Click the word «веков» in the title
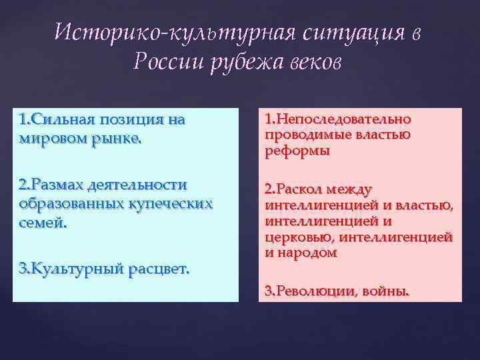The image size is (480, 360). (316, 62)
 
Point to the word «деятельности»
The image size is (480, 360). (147, 185)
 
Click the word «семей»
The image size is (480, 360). (43, 220)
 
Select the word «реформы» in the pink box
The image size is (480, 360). (297, 151)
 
